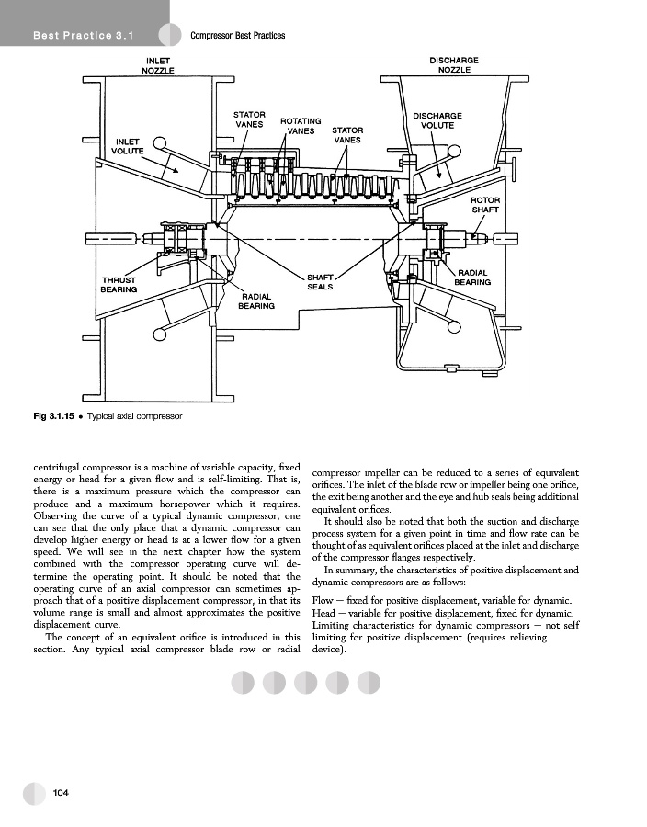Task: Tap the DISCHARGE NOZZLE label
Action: coord(453,65)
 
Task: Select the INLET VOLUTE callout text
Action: coord(129,145)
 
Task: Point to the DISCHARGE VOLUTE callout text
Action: coord(437,120)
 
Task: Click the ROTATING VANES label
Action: coord(301,126)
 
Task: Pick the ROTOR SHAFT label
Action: coord(485,205)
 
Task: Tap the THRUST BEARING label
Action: coord(119,285)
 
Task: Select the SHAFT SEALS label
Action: coord(320,281)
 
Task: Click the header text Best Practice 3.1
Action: coord(84,36)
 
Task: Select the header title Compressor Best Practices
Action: coord(237,36)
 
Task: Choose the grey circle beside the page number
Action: coord(34,793)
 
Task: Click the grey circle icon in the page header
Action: coord(170,35)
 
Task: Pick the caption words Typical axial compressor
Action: coord(134,416)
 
